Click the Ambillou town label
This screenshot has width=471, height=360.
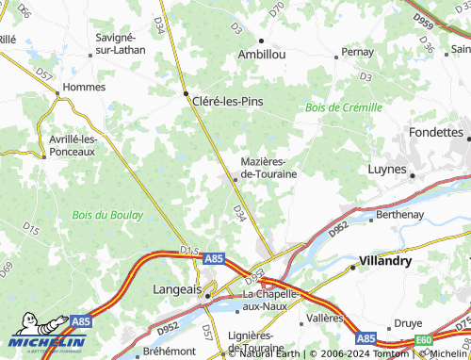point(262,55)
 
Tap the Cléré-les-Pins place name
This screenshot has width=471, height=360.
point(226,101)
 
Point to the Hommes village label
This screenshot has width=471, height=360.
point(82,87)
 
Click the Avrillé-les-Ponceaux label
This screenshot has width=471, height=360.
point(73,145)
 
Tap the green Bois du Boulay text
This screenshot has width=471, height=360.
point(107,215)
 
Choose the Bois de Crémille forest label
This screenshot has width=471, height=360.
point(344,107)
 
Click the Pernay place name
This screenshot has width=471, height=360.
point(358,52)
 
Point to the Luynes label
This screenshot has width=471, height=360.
point(385,171)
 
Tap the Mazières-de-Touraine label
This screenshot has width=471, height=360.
point(270,168)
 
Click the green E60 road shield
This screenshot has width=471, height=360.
point(425,340)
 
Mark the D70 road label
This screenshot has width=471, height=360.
point(276,10)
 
